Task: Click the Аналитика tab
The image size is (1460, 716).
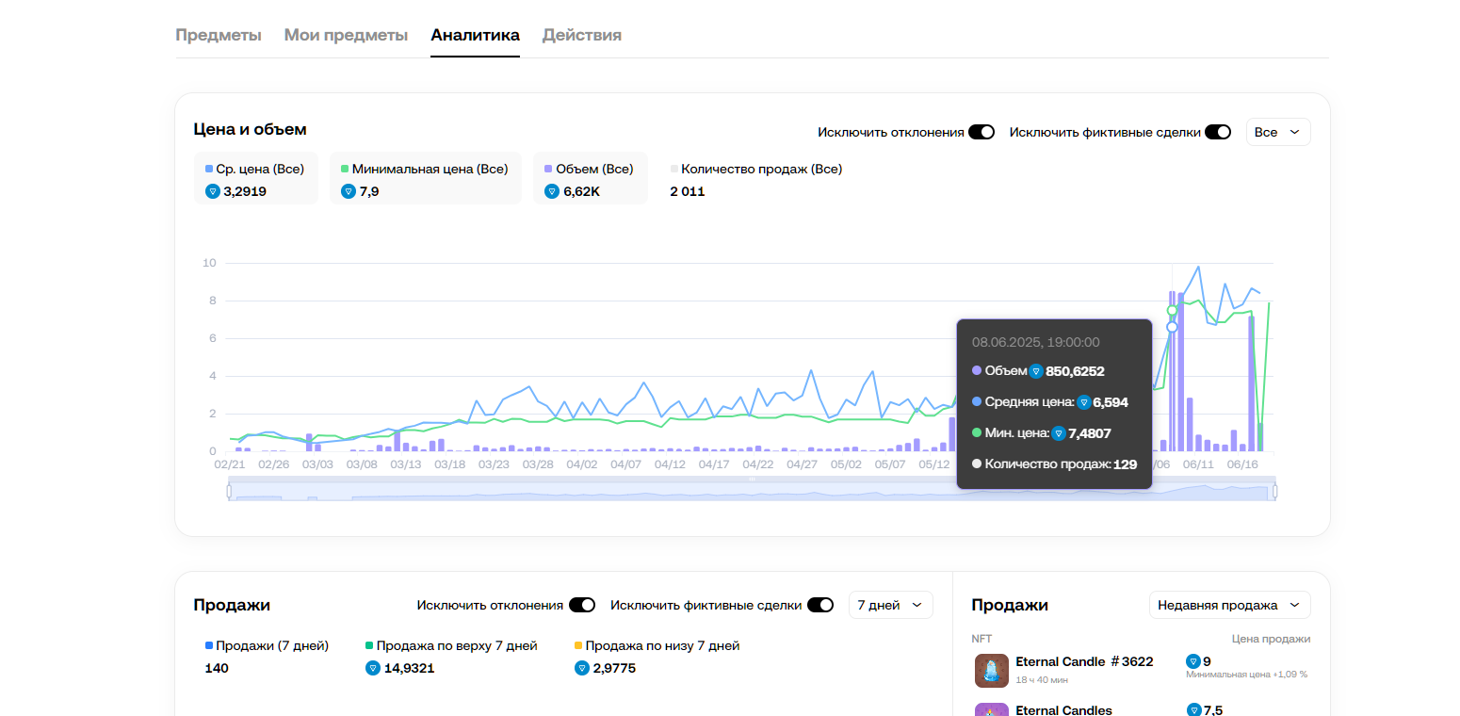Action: [x=475, y=36]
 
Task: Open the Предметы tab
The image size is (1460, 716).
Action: [x=218, y=36]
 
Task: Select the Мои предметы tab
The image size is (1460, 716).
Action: [x=346, y=36]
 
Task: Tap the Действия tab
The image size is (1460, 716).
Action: [x=581, y=36]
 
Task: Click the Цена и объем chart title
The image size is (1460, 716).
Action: [x=250, y=129]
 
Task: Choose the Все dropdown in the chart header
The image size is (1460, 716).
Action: [x=1277, y=132]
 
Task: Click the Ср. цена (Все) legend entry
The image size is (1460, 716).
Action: [x=255, y=170]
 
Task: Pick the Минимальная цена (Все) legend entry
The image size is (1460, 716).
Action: [x=425, y=170]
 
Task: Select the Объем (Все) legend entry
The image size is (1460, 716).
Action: [x=590, y=170]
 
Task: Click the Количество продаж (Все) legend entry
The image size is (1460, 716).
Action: [x=756, y=170]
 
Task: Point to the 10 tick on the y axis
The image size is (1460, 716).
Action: [x=210, y=263]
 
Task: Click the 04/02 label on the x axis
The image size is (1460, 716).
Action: [x=581, y=464]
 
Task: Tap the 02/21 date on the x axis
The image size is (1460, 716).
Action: [x=230, y=464]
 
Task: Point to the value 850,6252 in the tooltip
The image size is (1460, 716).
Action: [x=1075, y=371]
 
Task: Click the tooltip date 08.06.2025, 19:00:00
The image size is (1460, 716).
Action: [x=1035, y=342]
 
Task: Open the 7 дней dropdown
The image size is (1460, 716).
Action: [x=890, y=605]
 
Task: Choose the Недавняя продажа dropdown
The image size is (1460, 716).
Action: [x=1229, y=605]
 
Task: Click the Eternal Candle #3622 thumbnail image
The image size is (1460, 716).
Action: [x=992, y=671]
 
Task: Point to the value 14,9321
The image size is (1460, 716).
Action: [x=409, y=668]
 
